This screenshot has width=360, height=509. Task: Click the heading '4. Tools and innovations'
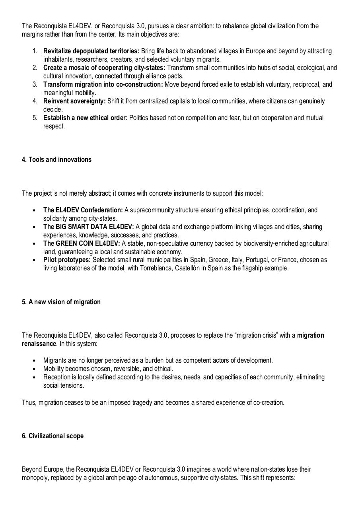tap(56, 159)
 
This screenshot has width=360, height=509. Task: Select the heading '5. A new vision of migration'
tap(61, 302)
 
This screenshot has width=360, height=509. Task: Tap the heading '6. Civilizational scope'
tap(53, 436)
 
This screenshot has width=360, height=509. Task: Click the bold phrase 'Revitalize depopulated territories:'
tap(91, 51)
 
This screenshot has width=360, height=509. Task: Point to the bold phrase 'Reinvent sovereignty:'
tap(74, 101)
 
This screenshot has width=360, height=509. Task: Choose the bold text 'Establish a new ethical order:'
tap(85, 118)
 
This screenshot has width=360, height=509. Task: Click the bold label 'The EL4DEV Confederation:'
tap(83, 210)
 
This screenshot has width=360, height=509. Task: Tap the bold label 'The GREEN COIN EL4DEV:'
tap(82, 243)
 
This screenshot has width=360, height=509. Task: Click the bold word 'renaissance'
tap(39, 344)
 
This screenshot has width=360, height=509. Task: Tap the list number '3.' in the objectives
tap(35, 84)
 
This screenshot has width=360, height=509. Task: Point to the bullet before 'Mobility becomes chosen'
tap(35, 369)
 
